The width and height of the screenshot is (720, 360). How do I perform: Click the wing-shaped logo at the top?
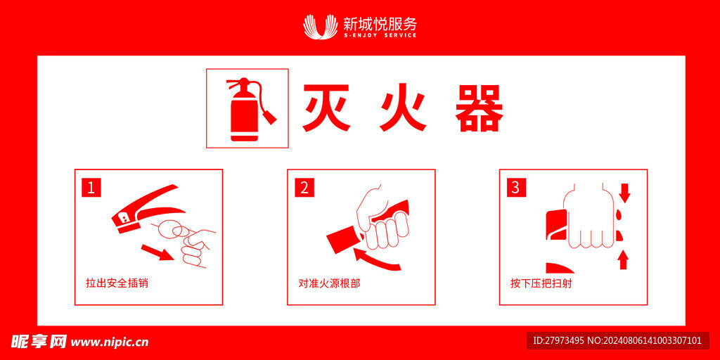pyautogui.click(x=321, y=27)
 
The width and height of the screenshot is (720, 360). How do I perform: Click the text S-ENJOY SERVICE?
pyautogui.click(x=380, y=35)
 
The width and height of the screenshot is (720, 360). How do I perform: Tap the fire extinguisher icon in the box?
pyautogui.click(x=250, y=109)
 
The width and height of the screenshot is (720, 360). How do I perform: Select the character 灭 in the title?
pyautogui.click(x=326, y=108)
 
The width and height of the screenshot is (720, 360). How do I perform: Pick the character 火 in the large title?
pyautogui.click(x=403, y=108)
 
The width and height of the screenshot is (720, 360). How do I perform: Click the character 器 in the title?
pyautogui.click(x=480, y=108)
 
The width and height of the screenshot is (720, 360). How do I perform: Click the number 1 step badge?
pyautogui.click(x=91, y=188)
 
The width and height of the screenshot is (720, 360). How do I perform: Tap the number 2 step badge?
pyautogui.click(x=304, y=188)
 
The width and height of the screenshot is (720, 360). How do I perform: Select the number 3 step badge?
pyautogui.click(x=515, y=188)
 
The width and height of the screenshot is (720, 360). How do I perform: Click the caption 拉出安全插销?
pyautogui.click(x=117, y=283)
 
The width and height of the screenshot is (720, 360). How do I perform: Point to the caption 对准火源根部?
pyautogui.click(x=329, y=283)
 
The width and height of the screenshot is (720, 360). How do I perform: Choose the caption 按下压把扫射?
pyautogui.click(x=541, y=283)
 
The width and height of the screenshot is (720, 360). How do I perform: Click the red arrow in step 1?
pyautogui.click(x=157, y=253)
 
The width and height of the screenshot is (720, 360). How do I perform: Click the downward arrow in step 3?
pyautogui.click(x=624, y=193)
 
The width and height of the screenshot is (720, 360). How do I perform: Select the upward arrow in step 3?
pyautogui.click(x=623, y=260)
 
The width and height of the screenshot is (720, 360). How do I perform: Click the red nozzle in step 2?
pyautogui.click(x=343, y=240)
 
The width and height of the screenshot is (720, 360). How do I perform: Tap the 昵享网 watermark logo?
pyautogui.click(x=39, y=341)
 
